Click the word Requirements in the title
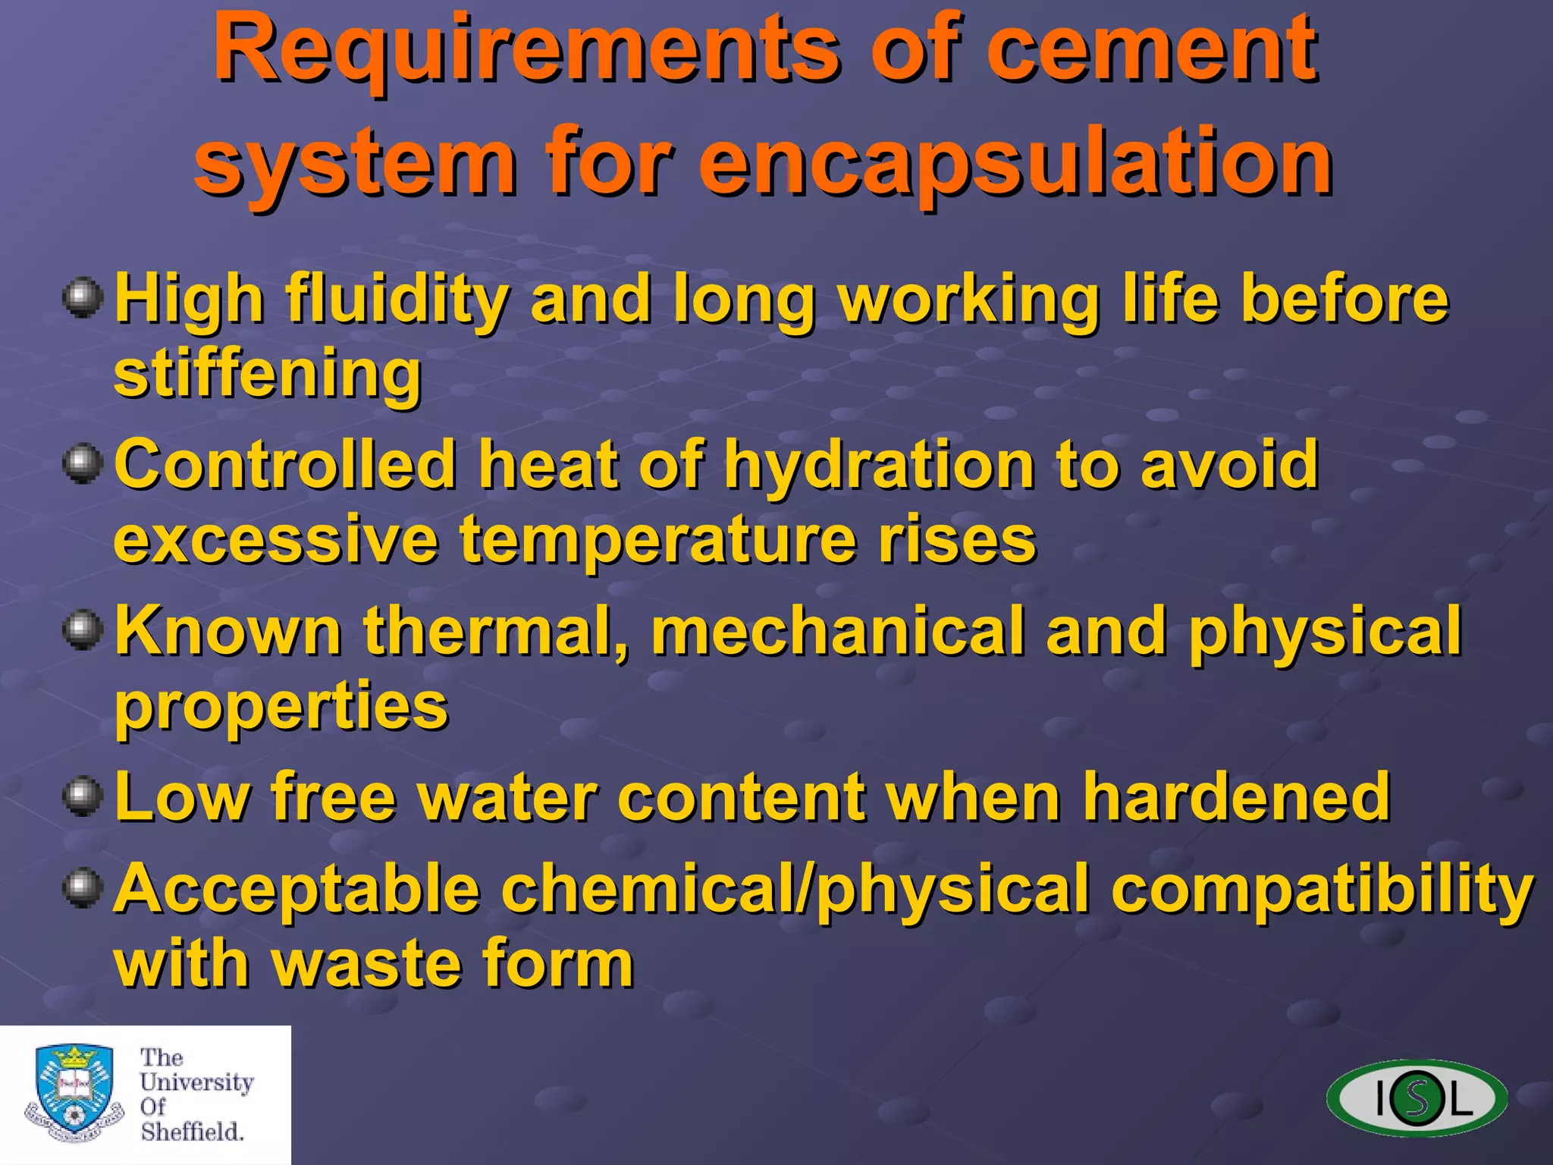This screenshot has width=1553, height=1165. coord(527,50)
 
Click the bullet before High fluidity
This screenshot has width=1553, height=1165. coord(83,298)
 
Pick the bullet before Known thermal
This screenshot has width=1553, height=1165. coord(83,630)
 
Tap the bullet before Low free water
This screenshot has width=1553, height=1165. coord(83,796)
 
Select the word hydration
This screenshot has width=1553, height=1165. coord(879,465)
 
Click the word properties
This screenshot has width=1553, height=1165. coord(281,708)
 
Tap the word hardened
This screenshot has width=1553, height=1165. coord(1236,797)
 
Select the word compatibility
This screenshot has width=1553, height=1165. coord(1323,890)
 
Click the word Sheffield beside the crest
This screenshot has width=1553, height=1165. coord(192,1132)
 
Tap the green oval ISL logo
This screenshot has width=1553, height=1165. coord(1417,1097)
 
